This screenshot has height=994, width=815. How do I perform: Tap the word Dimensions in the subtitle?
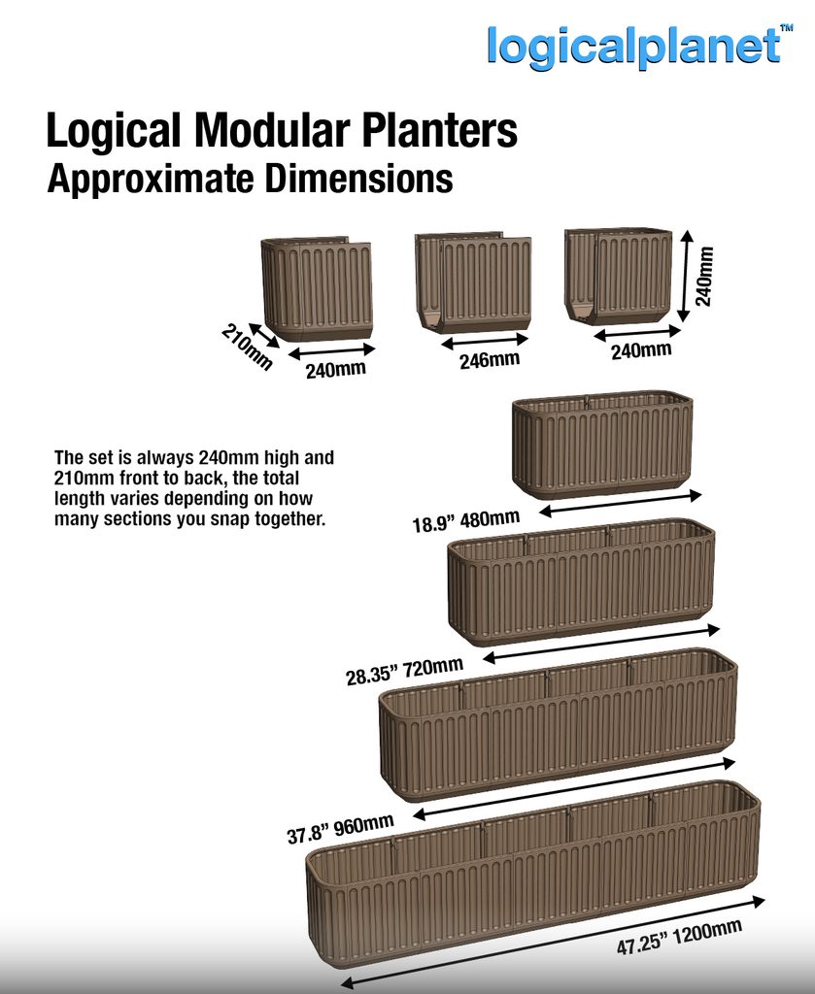click(x=358, y=179)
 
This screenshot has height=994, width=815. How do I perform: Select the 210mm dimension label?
click(x=247, y=348)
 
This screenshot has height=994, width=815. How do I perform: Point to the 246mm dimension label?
click(x=490, y=360)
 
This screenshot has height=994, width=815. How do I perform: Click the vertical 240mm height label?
click(x=704, y=277)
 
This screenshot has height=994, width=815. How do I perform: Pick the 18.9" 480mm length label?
click(x=466, y=521)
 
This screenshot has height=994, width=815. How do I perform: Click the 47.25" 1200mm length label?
click(x=679, y=937)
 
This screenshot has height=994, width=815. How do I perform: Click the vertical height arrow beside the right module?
click(x=684, y=277)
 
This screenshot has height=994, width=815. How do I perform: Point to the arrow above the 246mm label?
click(x=485, y=342)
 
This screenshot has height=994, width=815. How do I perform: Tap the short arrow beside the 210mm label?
click(x=264, y=335)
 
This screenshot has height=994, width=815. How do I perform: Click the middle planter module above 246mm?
click(x=472, y=282)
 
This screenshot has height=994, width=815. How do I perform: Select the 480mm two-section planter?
click(x=602, y=444)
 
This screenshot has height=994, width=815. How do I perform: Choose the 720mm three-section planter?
click(x=581, y=581)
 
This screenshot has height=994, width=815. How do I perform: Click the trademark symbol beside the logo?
click(x=787, y=28)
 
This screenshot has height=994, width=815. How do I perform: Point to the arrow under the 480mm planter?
click(x=621, y=503)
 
